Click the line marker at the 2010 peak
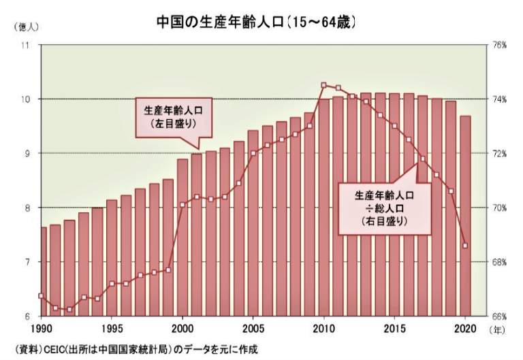tap(323, 85)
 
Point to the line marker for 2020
tap(464, 246)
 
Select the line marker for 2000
tap(183, 204)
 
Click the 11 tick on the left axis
tap(27, 45)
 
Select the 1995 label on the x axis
tap(112, 329)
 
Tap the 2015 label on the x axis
tap(394, 329)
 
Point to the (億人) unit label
tap(26, 27)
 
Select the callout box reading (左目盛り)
tap(173, 117)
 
